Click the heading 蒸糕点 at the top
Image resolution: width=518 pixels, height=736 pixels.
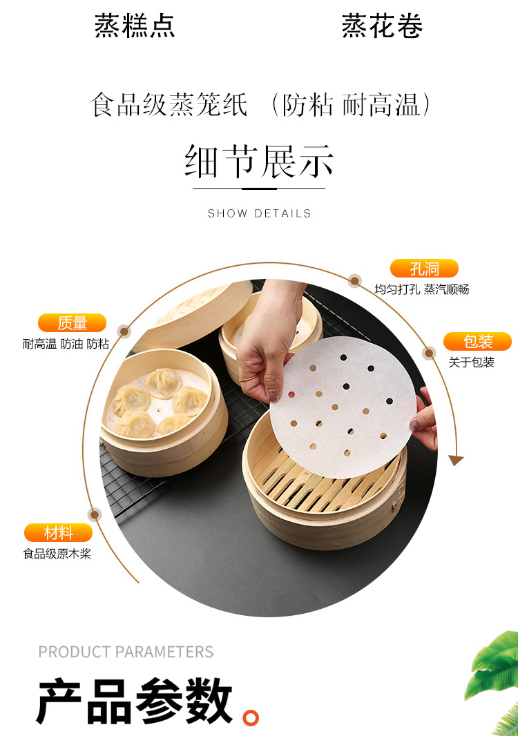[x=135, y=26]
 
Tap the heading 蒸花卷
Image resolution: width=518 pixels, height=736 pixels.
[x=382, y=26]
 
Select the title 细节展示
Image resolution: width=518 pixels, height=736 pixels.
[x=259, y=162]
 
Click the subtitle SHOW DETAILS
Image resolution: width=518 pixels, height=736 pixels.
[x=259, y=213]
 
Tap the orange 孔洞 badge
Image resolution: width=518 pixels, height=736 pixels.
[x=423, y=269]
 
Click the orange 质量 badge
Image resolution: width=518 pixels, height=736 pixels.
[x=72, y=322]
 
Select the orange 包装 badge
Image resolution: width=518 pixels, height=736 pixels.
[x=477, y=341]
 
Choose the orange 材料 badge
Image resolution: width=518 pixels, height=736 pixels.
[x=58, y=532]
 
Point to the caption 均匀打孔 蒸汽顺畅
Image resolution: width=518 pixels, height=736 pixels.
[x=421, y=289]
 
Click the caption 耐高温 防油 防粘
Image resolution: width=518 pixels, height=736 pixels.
[x=66, y=343]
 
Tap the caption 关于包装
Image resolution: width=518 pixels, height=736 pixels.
[x=471, y=362]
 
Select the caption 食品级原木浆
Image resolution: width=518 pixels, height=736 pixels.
[x=57, y=553]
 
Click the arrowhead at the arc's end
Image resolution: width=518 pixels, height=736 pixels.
[x=455, y=460]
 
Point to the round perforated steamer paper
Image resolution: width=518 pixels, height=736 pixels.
[x=342, y=400]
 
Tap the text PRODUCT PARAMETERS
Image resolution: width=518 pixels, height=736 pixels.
[x=126, y=652]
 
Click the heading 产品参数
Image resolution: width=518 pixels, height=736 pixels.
[x=135, y=700]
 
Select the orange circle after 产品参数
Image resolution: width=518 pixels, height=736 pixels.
[x=251, y=717]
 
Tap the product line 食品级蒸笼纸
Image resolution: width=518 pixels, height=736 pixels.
[x=169, y=106]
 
